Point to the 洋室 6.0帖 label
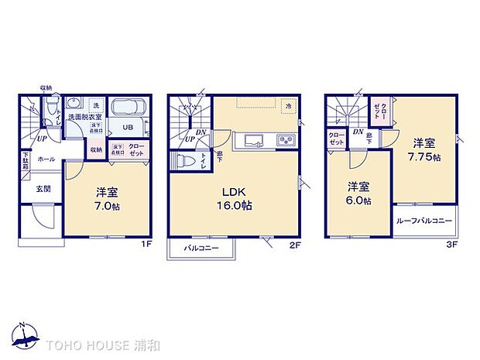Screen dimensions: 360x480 pyautogui.click(x=358, y=193)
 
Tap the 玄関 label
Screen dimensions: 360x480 pyautogui.click(x=42, y=189)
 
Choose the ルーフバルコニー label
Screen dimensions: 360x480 pyautogui.click(x=423, y=221)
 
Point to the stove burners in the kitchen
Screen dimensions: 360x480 pyautogui.click(x=286, y=140)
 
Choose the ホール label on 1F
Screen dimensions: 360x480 pyautogui.click(x=46, y=159)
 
